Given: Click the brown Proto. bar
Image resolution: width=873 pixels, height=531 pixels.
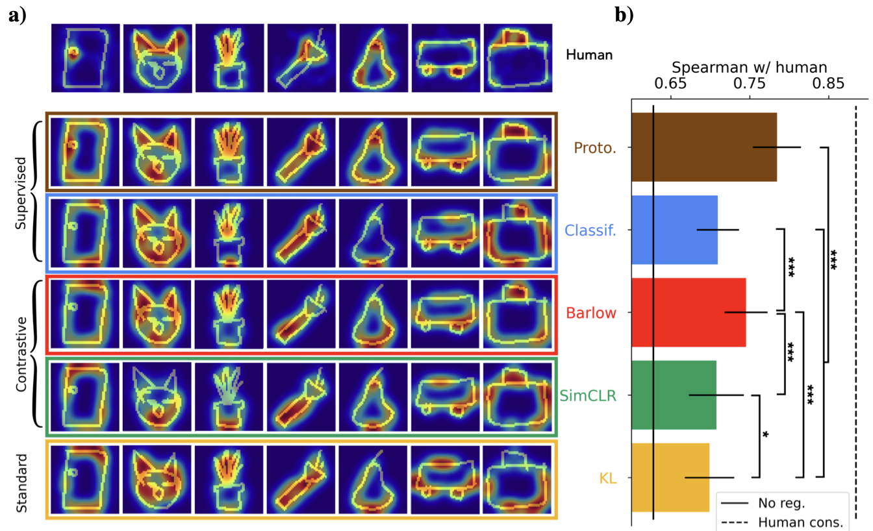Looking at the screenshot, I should (704, 147).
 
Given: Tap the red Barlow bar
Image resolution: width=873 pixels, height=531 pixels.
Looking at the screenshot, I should (689, 312).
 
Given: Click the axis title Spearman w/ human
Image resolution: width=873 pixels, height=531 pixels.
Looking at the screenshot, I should (749, 67).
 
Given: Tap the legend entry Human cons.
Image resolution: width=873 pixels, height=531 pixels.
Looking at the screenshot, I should (800, 521).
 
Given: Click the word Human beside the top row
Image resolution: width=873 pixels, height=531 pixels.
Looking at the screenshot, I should (589, 56).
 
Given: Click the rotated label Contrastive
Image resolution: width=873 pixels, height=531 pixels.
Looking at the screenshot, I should (22, 354).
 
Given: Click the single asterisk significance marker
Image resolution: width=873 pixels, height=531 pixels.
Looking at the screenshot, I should (766, 434).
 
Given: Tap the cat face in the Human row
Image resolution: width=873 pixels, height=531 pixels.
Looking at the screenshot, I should (157, 58).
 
